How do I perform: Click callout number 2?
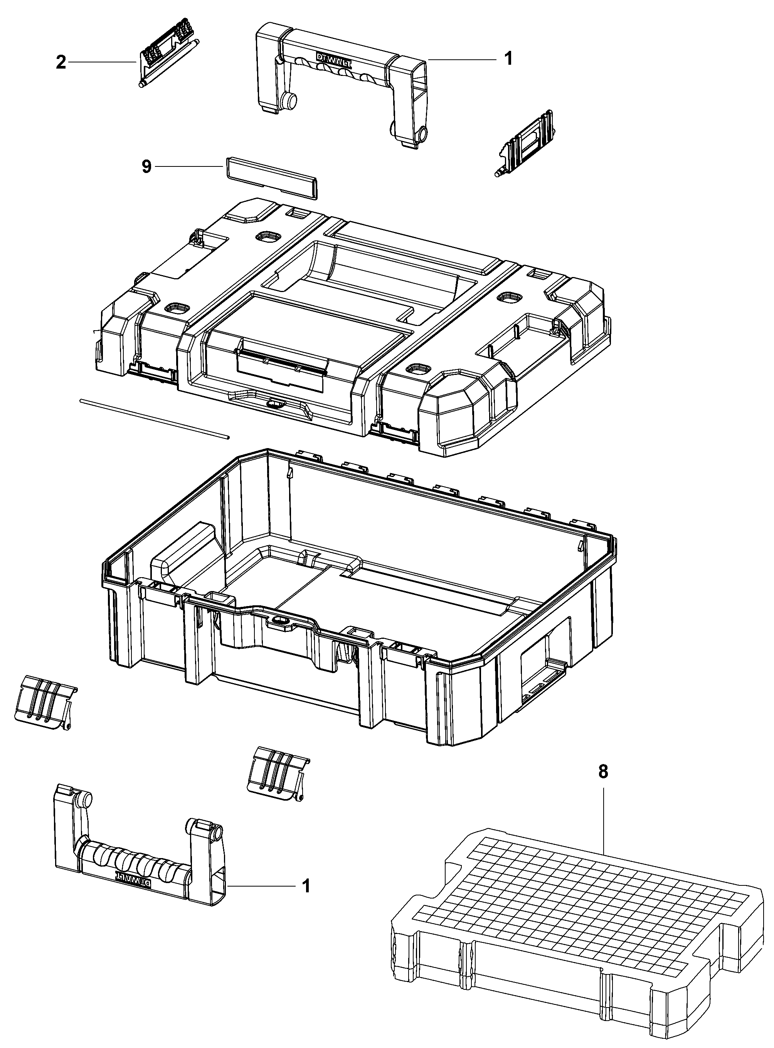[x=61, y=62]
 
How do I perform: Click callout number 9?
[x=146, y=167]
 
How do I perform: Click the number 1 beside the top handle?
[x=508, y=59]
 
